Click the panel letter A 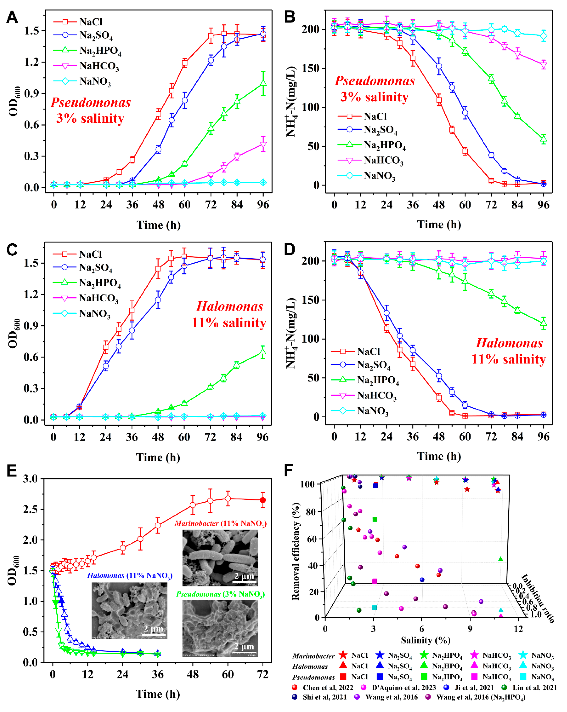click(x=12, y=17)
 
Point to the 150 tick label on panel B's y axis click(x=311, y=68)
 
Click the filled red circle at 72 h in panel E click(x=263, y=500)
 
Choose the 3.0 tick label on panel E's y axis click(x=30, y=479)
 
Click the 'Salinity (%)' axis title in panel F click(x=425, y=640)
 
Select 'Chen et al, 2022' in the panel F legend click(x=328, y=688)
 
